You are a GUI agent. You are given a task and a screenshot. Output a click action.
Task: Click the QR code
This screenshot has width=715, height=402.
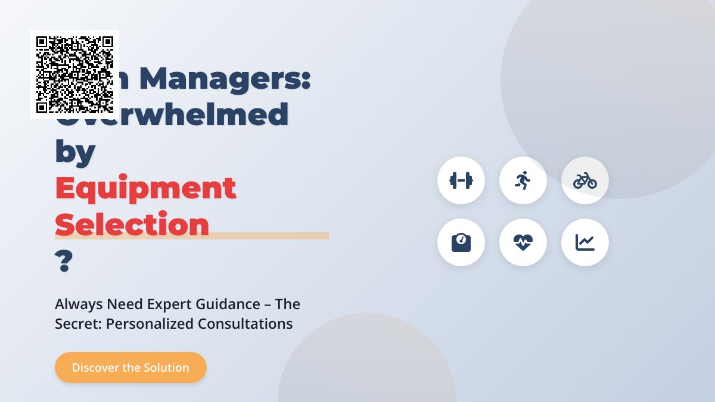(x=74, y=74)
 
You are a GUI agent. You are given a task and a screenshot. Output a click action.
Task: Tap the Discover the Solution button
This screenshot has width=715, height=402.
(x=130, y=367)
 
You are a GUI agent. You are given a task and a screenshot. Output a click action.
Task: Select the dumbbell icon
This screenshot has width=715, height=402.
(x=461, y=180)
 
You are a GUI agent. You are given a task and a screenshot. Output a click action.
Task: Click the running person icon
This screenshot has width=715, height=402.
(x=523, y=180)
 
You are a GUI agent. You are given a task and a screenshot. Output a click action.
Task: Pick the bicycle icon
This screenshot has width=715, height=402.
(x=585, y=180)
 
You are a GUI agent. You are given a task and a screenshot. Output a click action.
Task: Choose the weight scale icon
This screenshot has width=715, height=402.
(x=461, y=242)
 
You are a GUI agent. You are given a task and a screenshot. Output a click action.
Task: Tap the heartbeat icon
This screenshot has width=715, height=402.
(x=523, y=242)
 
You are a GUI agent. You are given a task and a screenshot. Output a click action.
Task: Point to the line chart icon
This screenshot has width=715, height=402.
(x=585, y=242)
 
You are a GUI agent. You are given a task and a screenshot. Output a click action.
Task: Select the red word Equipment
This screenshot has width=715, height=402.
(x=145, y=189)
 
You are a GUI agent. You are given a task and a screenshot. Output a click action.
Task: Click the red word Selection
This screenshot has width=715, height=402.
(x=132, y=225)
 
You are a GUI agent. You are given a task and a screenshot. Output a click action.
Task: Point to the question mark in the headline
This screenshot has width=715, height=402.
(x=63, y=261)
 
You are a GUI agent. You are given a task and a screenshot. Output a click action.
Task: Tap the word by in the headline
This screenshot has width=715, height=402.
(x=75, y=152)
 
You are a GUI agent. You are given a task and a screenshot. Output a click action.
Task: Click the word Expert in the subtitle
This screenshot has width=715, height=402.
(x=169, y=304)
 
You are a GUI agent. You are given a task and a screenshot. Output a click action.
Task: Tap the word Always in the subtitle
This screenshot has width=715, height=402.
(x=79, y=304)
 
